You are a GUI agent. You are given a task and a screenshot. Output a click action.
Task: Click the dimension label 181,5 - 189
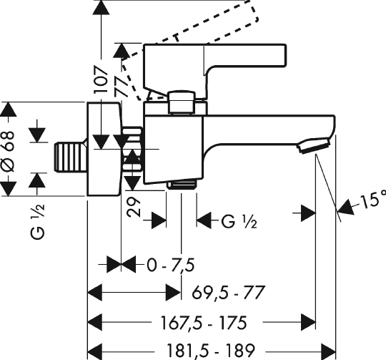tap(211, 351)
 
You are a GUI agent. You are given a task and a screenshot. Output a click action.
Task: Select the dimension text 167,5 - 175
tap(203, 323)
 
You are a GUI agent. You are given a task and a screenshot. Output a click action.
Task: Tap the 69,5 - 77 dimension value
tap(228, 293)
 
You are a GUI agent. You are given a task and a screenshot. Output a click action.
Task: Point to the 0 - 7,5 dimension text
tap(171, 265)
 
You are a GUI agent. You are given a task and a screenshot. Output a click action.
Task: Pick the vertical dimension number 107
tap(102, 79)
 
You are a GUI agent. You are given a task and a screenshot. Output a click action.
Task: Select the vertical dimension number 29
tap(134, 207)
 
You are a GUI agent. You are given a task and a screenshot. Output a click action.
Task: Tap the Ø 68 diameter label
tap(8, 152)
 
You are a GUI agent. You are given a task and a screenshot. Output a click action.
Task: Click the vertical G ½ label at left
tap(38, 222)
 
